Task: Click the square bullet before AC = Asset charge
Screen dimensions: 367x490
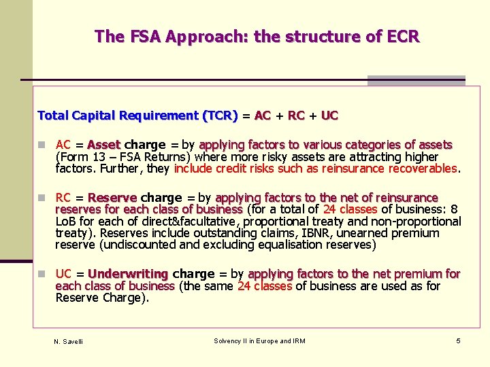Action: pyautogui.click(x=42, y=145)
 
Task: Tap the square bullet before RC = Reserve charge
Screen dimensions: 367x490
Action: pyautogui.click(x=42, y=198)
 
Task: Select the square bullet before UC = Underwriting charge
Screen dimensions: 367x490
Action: pyautogui.click(x=42, y=275)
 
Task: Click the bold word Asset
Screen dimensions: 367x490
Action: pyautogui.click(x=103, y=145)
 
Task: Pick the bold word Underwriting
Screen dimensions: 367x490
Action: pyautogui.click(x=128, y=274)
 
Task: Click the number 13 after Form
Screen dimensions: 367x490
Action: pyautogui.click(x=89, y=157)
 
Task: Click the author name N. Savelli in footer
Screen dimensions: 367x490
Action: pyautogui.click(x=68, y=341)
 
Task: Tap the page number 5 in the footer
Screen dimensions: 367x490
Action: pyautogui.click(x=459, y=340)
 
